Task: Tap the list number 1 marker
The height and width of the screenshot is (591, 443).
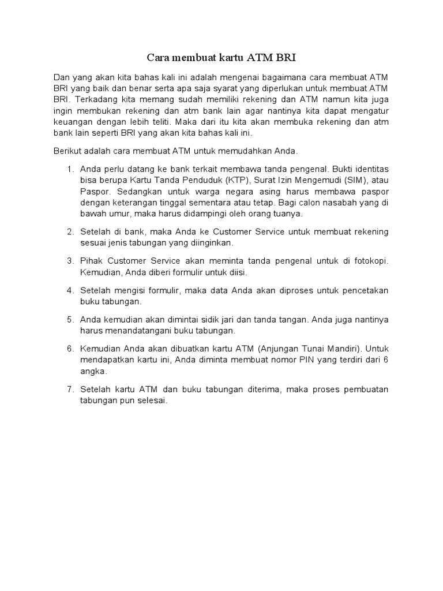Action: (x=70, y=169)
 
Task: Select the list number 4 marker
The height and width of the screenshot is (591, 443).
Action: (x=70, y=290)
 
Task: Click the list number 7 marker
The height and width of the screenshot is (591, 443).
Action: (x=70, y=390)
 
